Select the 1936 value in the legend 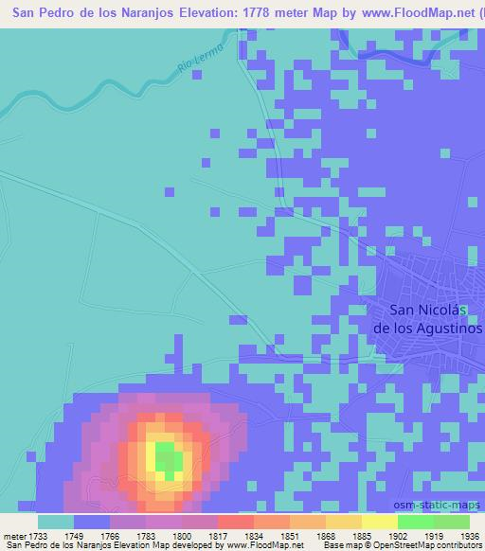click(469, 537)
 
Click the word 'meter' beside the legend click(16, 537)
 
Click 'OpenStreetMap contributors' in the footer click(425, 546)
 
